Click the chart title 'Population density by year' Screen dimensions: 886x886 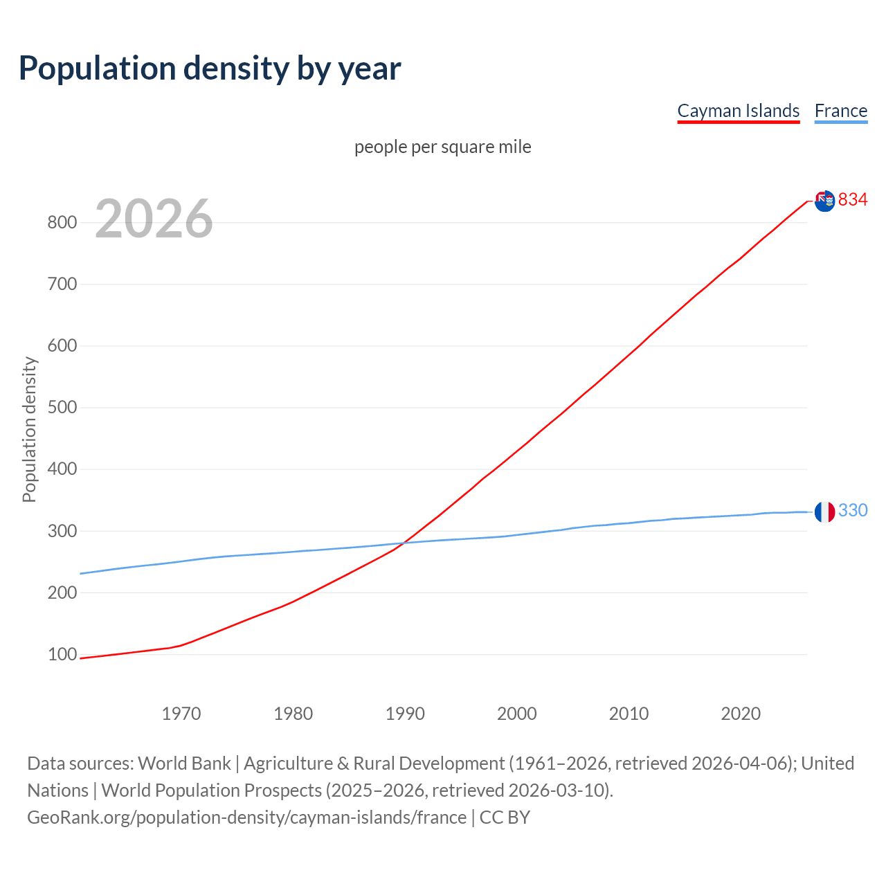(x=210, y=69)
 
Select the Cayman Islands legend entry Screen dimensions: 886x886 (x=738, y=111)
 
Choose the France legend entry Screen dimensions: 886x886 (x=840, y=111)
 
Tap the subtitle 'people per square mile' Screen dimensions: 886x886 (x=442, y=147)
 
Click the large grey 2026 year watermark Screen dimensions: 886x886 (x=154, y=219)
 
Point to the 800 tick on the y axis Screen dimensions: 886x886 (x=62, y=222)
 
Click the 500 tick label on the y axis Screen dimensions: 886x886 (x=62, y=407)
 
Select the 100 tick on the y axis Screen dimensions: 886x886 (x=62, y=654)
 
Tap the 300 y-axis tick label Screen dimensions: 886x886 (x=62, y=531)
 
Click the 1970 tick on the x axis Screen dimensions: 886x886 (x=181, y=714)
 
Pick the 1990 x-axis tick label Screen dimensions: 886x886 (x=405, y=714)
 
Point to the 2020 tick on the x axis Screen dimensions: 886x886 (x=741, y=714)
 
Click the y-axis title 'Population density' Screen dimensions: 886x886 (x=29, y=429)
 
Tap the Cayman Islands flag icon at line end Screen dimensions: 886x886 (x=824, y=201)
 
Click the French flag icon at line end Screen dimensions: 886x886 (x=824, y=512)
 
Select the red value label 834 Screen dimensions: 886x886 (x=853, y=199)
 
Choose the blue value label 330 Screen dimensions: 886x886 (x=853, y=510)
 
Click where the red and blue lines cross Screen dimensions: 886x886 (x=404, y=543)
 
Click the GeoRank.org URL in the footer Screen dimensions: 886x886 (x=246, y=817)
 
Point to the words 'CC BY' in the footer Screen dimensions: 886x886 (x=505, y=817)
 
